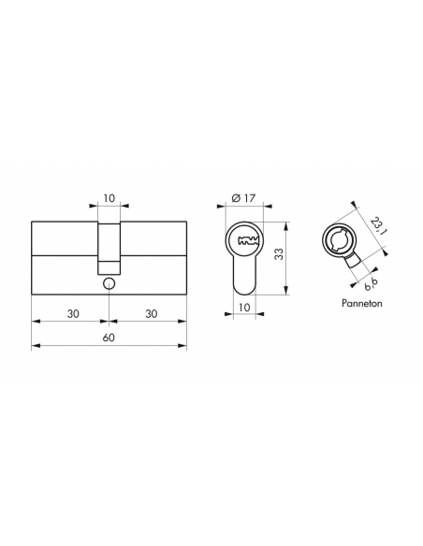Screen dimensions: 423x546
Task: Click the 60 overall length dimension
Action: click(109, 338)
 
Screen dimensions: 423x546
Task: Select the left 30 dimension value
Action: click(73, 314)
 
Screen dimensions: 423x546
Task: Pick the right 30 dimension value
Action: click(152, 314)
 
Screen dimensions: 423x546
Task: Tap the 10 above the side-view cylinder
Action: click(109, 198)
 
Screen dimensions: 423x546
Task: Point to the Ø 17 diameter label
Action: click(243, 198)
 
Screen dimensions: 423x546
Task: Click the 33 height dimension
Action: click(279, 254)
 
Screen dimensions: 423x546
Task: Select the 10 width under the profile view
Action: click(244, 308)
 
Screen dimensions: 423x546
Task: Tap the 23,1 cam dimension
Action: click(376, 226)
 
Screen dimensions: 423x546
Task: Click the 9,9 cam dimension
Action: click(371, 285)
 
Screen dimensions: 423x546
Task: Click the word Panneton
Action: click(361, 303)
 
